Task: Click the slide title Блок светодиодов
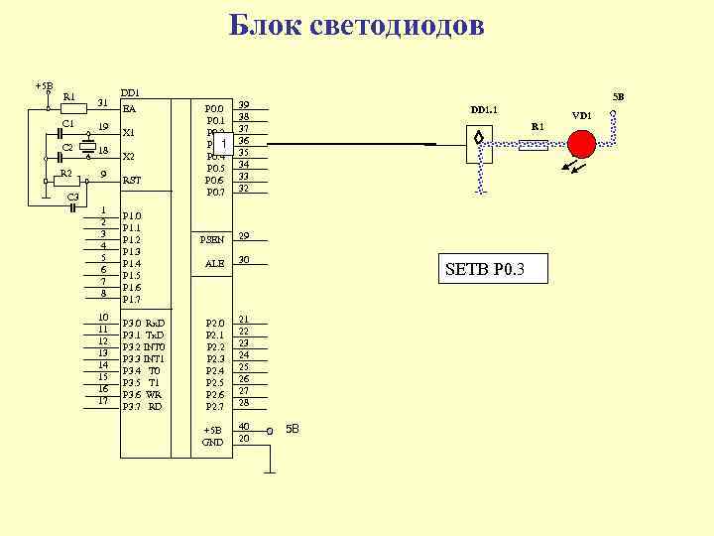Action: click(x=356, y=26)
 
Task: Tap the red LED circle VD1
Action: click(x=581, y=144)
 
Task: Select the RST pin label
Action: click(x=132, y=181)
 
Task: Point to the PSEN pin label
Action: click(x=212, y=239)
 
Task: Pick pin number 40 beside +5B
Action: click(x=243, y=426)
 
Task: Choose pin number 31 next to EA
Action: click(x=102, y=103)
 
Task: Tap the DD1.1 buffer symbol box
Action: click(x=479, y=146)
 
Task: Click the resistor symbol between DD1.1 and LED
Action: click(x=534, y=146)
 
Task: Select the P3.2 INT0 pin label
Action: click(x=143, y=346)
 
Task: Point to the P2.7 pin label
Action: click(x=215, y=406)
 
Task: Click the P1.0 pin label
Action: click(x=131, y=215)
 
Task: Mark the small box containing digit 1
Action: click(x=225, y=145)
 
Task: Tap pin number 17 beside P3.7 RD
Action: click(x=102, y=401)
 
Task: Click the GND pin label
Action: click(x=212, y=441)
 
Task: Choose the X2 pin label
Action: click(x=128, y=157)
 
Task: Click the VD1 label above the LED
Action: click(x=581, y=116)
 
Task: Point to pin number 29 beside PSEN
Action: click(x=243, y=236)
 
